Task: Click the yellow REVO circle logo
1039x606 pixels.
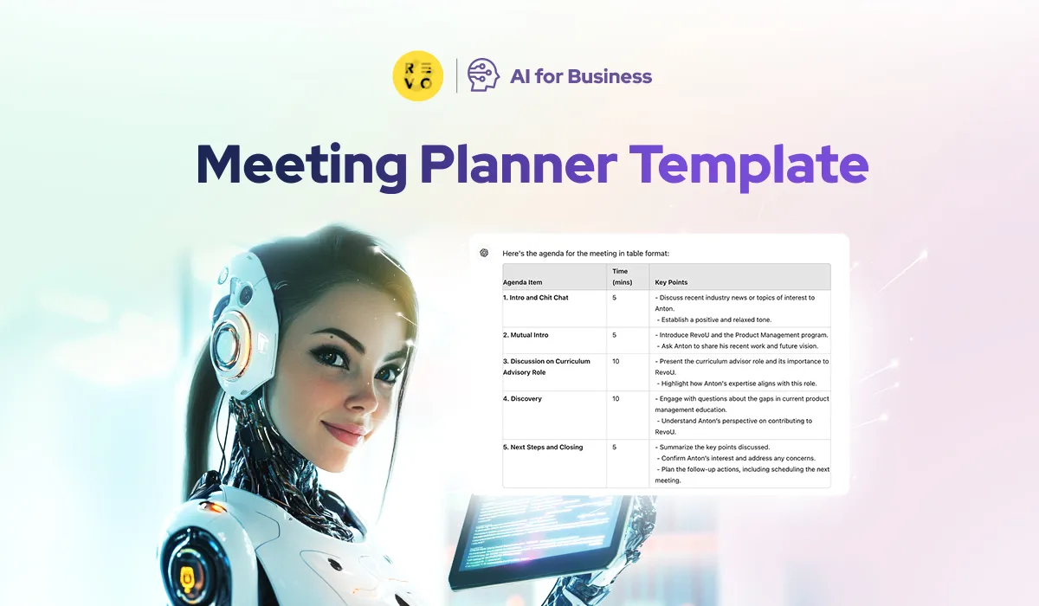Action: (418, 76)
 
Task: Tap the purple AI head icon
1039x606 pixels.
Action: (483, 76)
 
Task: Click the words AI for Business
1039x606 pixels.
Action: (580, 76)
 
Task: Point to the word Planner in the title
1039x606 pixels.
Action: (518, 164)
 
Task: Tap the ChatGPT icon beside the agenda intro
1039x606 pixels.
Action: (484, 253)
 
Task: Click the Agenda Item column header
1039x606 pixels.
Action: (523, 282)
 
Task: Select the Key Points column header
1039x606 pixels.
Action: (671, 282)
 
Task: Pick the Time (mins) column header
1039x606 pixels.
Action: (621, 277)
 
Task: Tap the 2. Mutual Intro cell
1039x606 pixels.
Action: (526, 335)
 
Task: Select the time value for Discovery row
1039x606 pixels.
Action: (616, 399)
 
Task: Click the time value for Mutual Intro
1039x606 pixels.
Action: (614, 335)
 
